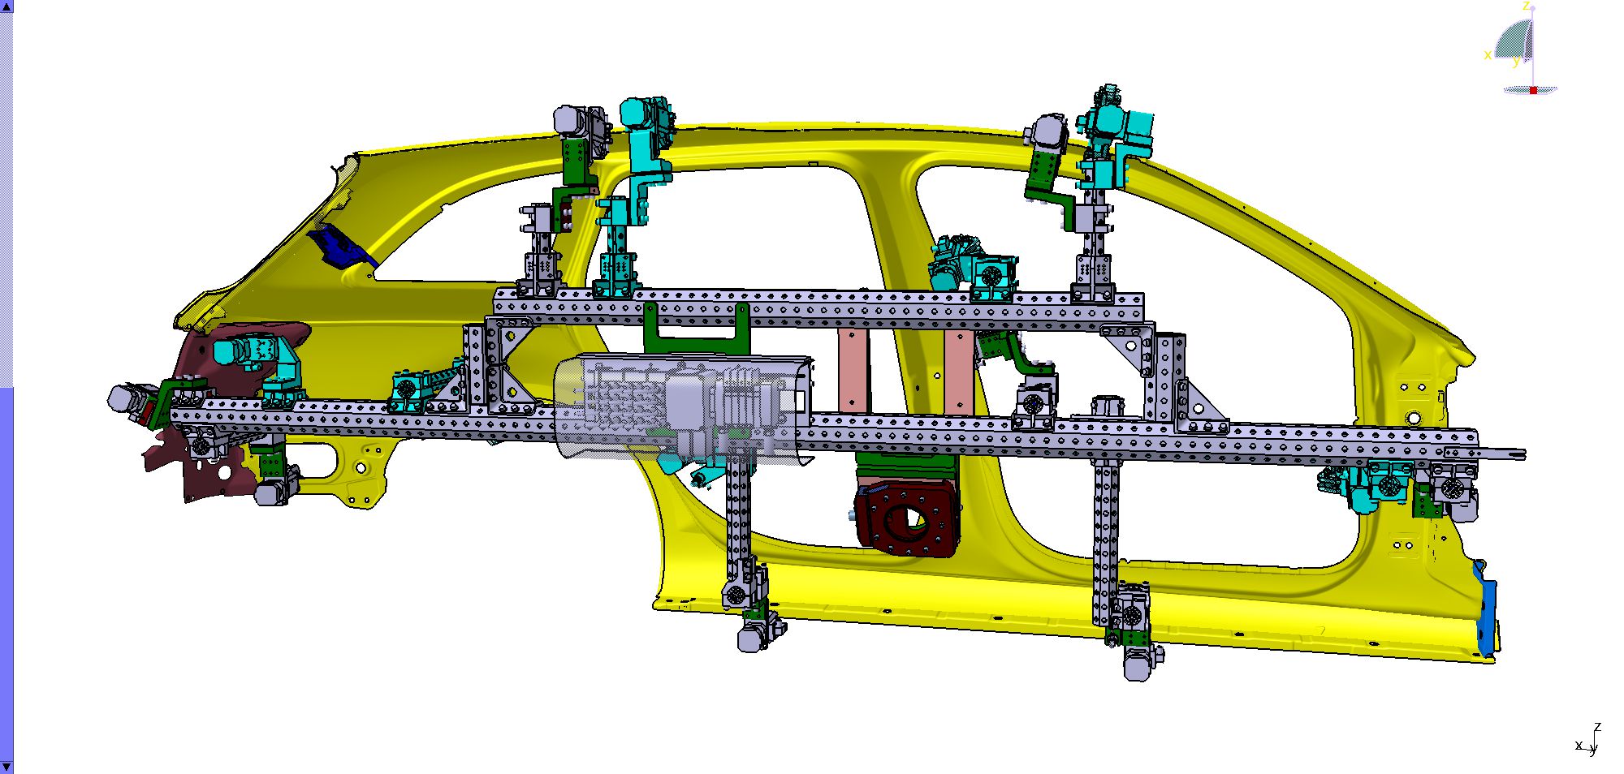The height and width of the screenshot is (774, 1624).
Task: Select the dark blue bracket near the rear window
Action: pyautogui.click(x=339, y=246)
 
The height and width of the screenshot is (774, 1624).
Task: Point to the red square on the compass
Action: pyautogui.click(x=1533, y=90)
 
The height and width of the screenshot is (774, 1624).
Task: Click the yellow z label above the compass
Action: pyautogui.click(x=1526, y=6)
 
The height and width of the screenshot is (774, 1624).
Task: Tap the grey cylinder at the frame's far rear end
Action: pyautogui.click(x=123, y=398)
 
